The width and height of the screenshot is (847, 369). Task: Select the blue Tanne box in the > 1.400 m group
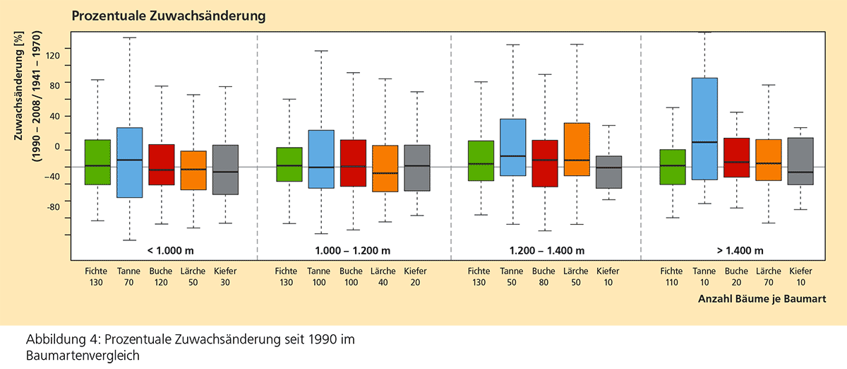pos(704,129)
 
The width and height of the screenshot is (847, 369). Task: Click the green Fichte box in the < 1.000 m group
pos(97,162)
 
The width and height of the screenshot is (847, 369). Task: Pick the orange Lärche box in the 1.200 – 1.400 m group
pos(577,149)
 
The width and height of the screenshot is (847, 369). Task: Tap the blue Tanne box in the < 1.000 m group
pos(129,163)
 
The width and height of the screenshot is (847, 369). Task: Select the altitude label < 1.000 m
pos(173,250)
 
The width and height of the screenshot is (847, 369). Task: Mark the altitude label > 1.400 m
pos(739,250)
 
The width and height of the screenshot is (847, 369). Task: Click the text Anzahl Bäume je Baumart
pos(761,300)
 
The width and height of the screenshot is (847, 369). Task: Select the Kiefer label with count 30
pos(226,276)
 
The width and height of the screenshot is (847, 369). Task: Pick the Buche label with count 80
pos(544,276)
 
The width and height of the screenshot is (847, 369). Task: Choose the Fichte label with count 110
pos(672,276)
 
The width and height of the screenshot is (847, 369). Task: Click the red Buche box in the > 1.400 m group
pos(736,157)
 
